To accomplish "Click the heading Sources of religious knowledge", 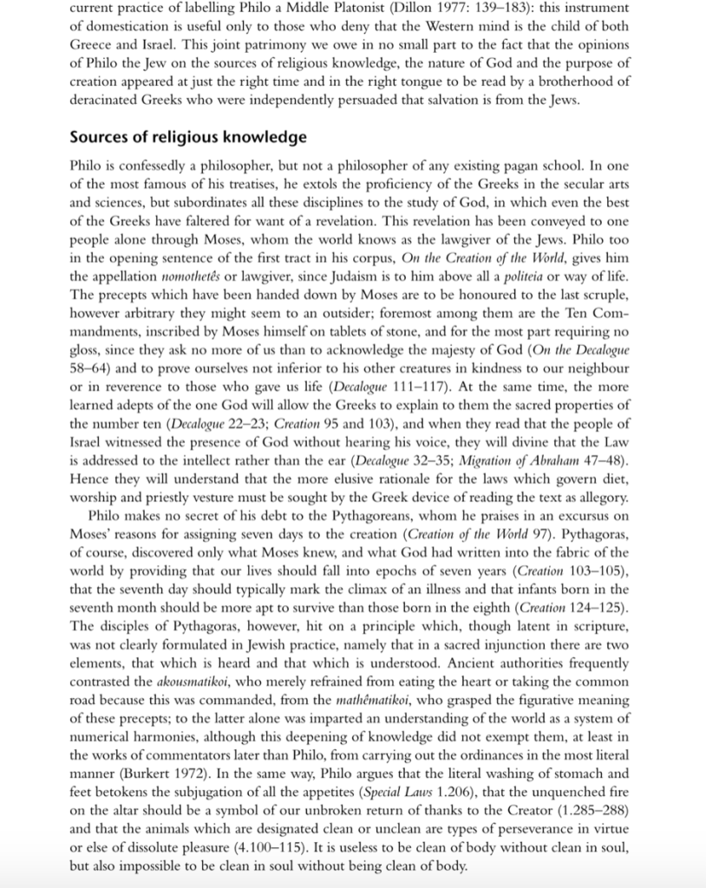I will [x=188, y=137].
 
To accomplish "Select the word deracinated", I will [x=107, y=99].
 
